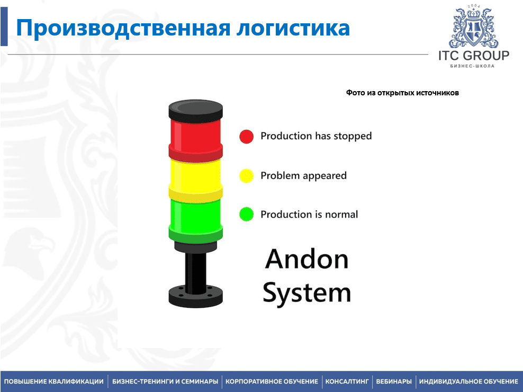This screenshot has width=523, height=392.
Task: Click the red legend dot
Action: pos(247,136)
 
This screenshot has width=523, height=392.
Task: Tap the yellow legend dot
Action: pos(247,176)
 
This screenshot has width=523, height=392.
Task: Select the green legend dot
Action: pos(247,214)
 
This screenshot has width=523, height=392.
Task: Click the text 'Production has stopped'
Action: pos(316,136)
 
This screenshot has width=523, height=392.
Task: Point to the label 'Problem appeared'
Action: pos(303,176)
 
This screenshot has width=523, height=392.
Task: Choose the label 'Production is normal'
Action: pos(309,214)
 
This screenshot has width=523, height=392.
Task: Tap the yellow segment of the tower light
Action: pos(195,180)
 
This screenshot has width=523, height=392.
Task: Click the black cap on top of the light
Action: pos(195,110)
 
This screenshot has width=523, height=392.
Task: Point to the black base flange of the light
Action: pos(195,296)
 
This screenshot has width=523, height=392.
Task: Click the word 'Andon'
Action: pos(307,259)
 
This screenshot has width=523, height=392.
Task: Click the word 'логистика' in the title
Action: pos(293,28)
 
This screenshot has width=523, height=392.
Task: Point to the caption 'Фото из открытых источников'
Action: pos(402,93)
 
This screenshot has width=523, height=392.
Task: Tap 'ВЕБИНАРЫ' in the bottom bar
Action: pos(394,381)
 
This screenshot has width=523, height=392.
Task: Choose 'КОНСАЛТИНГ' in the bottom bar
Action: pos(347,381)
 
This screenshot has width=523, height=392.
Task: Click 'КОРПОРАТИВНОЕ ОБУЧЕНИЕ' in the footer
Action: pos(272,381)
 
